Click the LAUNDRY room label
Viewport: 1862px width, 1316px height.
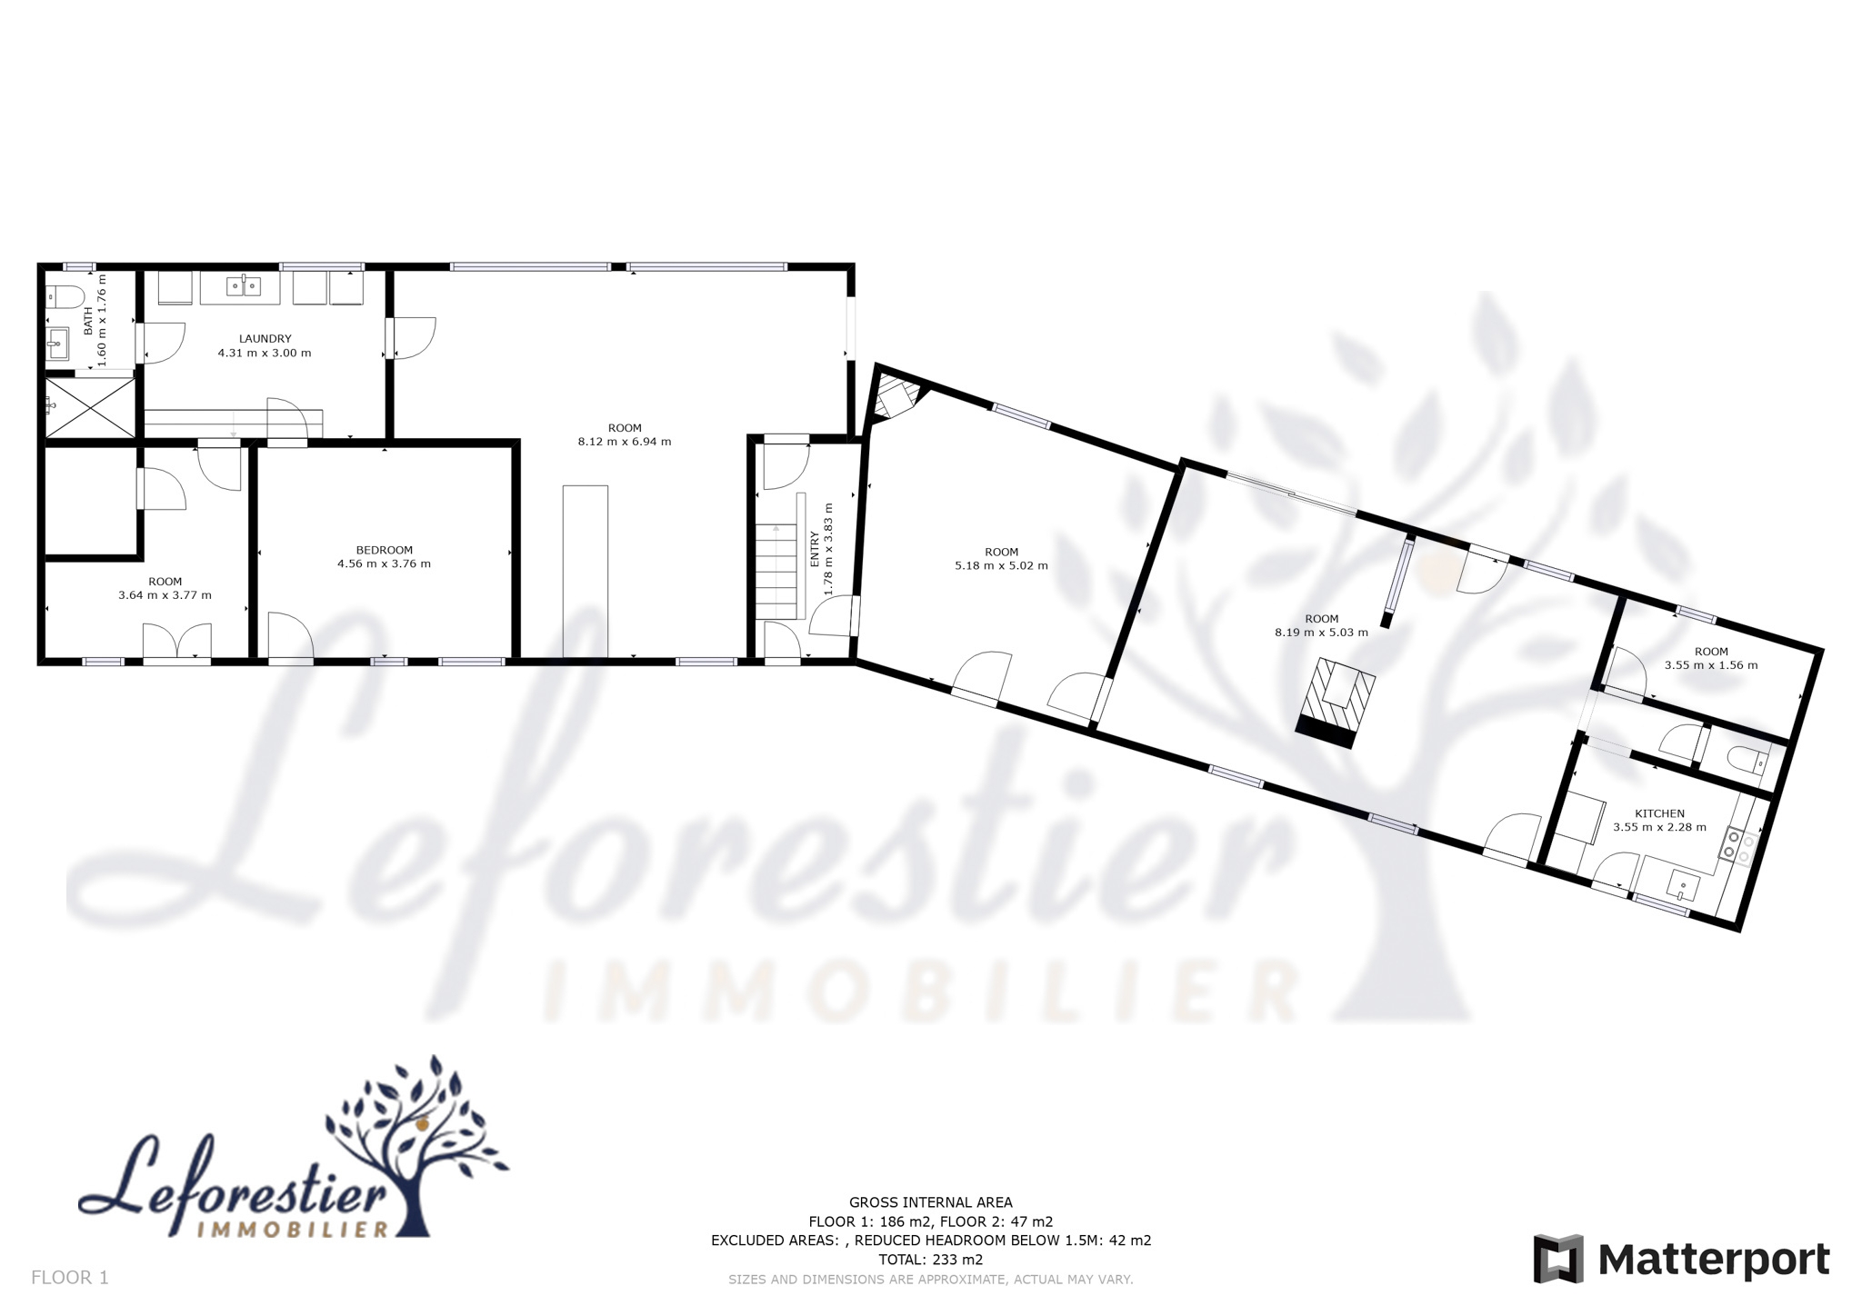coord(265,339)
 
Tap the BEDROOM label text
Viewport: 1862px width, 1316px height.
coord(384,550)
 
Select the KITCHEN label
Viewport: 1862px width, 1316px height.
coord(1659,813)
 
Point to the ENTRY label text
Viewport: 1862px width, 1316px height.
coord(815,550)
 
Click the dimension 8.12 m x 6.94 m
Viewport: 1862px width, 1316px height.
coord(625,442)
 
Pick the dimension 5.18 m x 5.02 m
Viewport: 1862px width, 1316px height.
coord(1001,565)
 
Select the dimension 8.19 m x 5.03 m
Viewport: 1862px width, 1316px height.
coord(1321,633)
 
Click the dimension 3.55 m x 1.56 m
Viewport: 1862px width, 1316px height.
coord(1711,665)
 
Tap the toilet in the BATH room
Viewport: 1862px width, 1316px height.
coord(65,296)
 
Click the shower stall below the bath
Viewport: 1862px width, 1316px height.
coord(91,407)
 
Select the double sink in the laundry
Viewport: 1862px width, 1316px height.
coord(244,286)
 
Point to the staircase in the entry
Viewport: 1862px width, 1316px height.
coord(776,572)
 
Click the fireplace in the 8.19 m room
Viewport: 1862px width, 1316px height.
coord(1335,703)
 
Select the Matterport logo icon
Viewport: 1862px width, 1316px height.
coord(1558,1259)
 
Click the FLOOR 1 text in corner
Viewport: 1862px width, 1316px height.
coord(70,1278)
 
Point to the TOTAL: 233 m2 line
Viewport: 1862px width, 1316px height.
coord(930,1260)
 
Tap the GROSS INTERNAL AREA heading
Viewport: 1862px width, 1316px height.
coord(930,1202)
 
